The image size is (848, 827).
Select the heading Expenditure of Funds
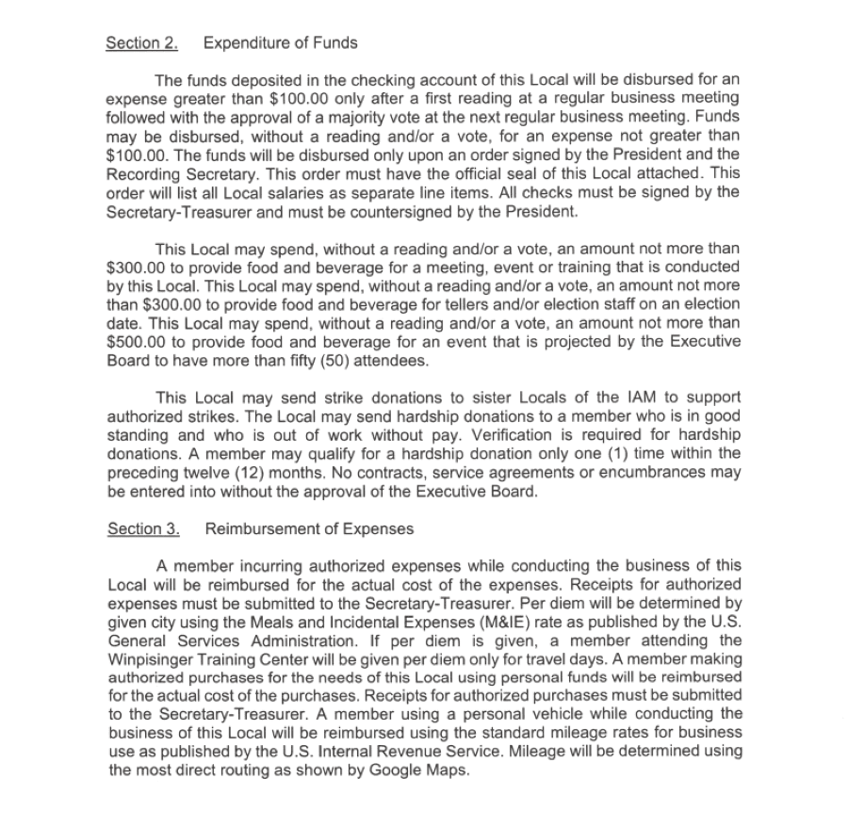pyautogui.click(x=281, y=43)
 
